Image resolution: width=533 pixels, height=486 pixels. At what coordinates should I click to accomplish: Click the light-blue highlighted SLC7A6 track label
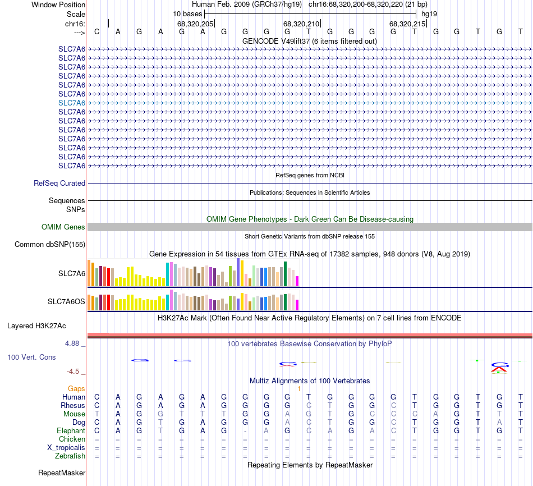coord(72,103)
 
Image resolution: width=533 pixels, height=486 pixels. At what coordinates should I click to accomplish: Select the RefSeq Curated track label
coord(59,183)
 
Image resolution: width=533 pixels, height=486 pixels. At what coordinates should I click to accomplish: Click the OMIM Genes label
coord(63,227)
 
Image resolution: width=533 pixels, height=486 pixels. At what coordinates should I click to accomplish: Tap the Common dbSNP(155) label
coord(50,244)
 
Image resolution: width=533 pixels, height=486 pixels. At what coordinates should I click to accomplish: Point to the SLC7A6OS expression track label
coord(66,302)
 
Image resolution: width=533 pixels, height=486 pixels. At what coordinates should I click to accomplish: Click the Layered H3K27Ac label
coord(36,325)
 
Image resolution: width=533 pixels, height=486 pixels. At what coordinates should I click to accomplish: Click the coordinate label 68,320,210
coord(301,24)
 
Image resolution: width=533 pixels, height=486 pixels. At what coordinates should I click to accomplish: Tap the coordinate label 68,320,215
coord(407,24)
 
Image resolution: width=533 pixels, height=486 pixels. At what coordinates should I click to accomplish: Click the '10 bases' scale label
coord(187,13)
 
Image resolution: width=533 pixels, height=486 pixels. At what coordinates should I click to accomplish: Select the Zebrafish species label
coord(70,456)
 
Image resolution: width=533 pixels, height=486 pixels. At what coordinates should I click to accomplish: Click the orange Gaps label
coord(76,388)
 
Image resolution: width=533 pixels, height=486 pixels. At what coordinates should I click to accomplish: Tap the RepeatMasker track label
coord(62,473)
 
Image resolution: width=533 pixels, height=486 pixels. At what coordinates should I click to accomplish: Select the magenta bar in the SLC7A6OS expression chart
coord(297,305)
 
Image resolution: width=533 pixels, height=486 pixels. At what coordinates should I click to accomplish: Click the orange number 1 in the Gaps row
coord(300,388)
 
